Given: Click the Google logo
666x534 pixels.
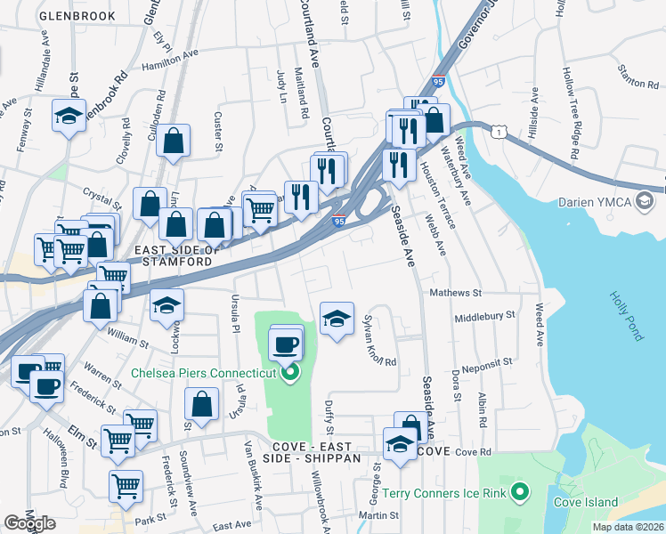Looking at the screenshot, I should (x=29, y=523).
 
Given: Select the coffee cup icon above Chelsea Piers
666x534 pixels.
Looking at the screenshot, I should (x=286, y=344).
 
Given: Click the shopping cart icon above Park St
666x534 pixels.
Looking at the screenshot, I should (x=126, y=486).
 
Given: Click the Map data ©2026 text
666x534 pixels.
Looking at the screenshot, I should (x=628, y=527).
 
